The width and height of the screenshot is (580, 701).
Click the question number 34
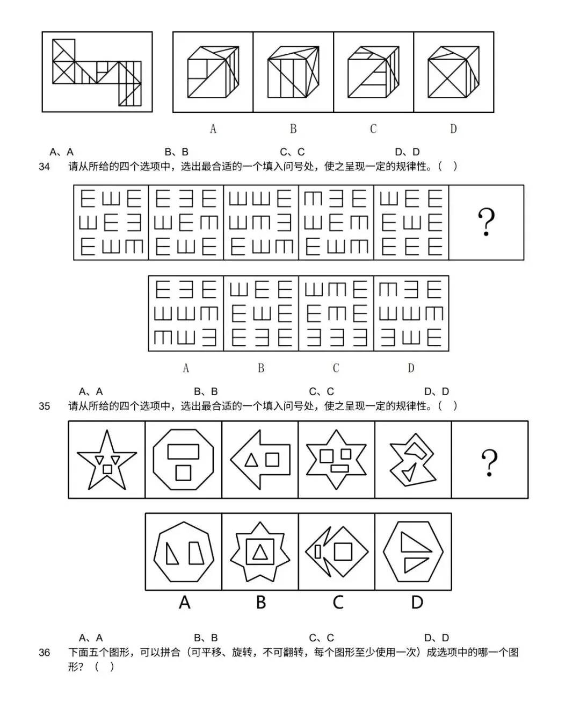click(x=44, y=167)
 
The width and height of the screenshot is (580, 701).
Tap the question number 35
click(x=44, y=406)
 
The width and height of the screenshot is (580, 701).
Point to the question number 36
click(x=44, y=653)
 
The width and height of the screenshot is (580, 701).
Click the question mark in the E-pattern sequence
click(x=486, y=223)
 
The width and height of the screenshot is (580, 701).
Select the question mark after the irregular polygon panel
click(x=489, y=462)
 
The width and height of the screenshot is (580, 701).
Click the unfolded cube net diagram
click(x=97, y=71)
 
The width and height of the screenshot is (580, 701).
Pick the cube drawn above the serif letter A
click(x=213, y=71)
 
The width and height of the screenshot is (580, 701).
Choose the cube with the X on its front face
click(x=453, y=71)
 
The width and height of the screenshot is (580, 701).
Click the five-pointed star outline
click(x=107, y=460)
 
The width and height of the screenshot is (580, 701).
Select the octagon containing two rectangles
click(x=183, y=460)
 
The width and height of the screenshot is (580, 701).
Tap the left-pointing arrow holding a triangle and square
click(x=260, y=460)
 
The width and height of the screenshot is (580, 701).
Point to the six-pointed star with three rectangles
click(x=336, y=460)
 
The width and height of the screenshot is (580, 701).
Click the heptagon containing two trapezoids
click(x=184, y=552)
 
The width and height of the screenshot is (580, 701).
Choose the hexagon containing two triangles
click(x=414, y=552)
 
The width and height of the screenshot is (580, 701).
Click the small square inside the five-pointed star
click(x=107, y=469)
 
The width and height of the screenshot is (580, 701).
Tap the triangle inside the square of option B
click(x=260, y=553)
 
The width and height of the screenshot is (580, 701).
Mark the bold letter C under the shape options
click(x=338, y=602)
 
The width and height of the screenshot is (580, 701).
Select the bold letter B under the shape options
click(x=261, y=602)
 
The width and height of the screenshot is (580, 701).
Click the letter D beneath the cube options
click(x=453, y=129)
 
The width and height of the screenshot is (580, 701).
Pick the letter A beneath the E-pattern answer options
click(x=186, y=368)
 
